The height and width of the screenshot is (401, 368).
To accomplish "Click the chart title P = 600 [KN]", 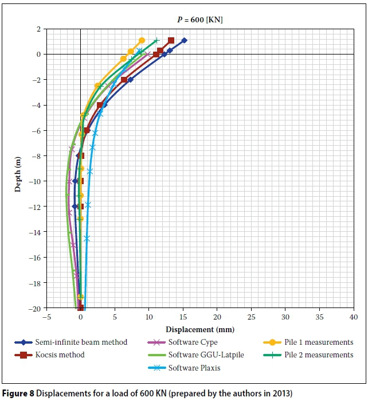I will point(200,20).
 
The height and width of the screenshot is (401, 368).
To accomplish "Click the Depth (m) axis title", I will point(18,168).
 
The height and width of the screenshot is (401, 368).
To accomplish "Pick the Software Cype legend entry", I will point(193,342).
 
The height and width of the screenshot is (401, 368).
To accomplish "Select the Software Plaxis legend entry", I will point(195,368).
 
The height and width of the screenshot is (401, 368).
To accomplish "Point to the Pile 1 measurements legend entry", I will point(319,342).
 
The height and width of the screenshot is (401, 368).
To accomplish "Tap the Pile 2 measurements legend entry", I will point(319,355).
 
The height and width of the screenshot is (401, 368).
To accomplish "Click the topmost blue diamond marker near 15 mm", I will point(184,41).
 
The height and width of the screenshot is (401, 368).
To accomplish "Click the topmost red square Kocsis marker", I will point(171,41).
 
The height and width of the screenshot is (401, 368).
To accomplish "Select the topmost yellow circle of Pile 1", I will point(142,40).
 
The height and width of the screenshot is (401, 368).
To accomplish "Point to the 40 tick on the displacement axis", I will point(353,317).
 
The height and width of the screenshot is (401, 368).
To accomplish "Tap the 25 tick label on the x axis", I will point(251,317).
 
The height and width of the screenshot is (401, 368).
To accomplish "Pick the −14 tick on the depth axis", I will point(36,232).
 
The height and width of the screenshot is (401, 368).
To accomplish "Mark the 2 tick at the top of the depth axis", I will point(38,29).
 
